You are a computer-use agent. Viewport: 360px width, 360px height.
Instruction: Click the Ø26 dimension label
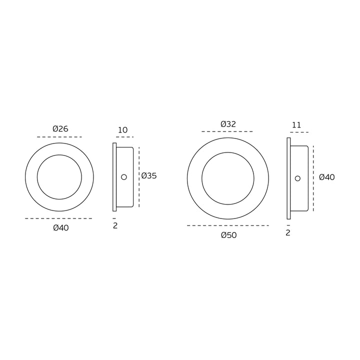tap(60, 129)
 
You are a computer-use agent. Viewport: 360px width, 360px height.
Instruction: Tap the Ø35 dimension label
tap(149, 176)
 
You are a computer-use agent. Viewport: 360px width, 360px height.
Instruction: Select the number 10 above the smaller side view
tap(123, 130)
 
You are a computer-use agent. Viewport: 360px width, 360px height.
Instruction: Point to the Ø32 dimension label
tap(228, 124)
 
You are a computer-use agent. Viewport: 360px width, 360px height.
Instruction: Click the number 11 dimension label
tap(296, 125)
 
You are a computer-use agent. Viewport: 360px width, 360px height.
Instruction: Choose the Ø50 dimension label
tap(229, 235)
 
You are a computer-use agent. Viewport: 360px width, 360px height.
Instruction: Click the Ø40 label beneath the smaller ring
tap(61, 228)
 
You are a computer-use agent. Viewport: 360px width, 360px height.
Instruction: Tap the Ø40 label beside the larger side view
tap(327, 177)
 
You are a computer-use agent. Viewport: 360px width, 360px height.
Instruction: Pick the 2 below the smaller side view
tap(115, 225)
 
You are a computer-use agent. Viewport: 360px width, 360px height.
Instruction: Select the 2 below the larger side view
tap(288, 233)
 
